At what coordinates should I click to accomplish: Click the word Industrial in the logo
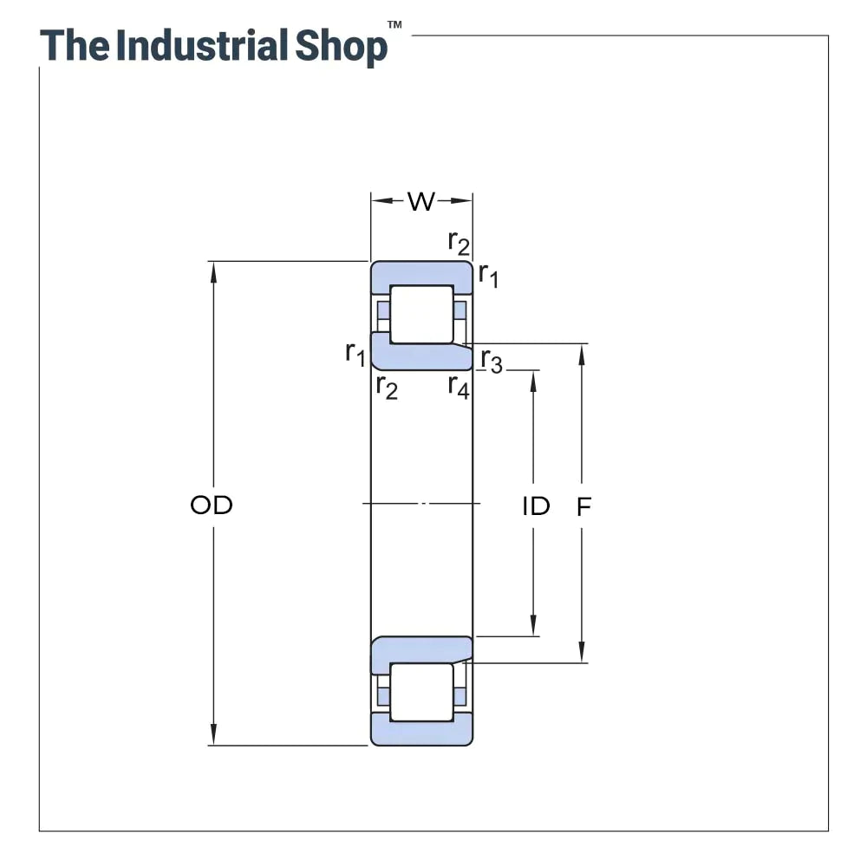(x=202, y=46)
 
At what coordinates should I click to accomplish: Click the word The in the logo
(x=75, y=46)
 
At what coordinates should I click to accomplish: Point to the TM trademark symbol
(x=394, y=26)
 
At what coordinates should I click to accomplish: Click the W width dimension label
(x=421, y=202)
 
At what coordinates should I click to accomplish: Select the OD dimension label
(x=212, y=505)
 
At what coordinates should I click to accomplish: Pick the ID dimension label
(x=536, y=506)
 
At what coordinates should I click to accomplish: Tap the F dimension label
(x=583, y=506)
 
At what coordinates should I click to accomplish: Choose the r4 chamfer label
(x=459, y=386)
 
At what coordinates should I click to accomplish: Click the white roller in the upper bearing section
(x=421, y=314)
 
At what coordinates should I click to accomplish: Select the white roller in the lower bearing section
(x=421, y=691)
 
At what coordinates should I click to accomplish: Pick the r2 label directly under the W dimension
(x=459, y=243)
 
